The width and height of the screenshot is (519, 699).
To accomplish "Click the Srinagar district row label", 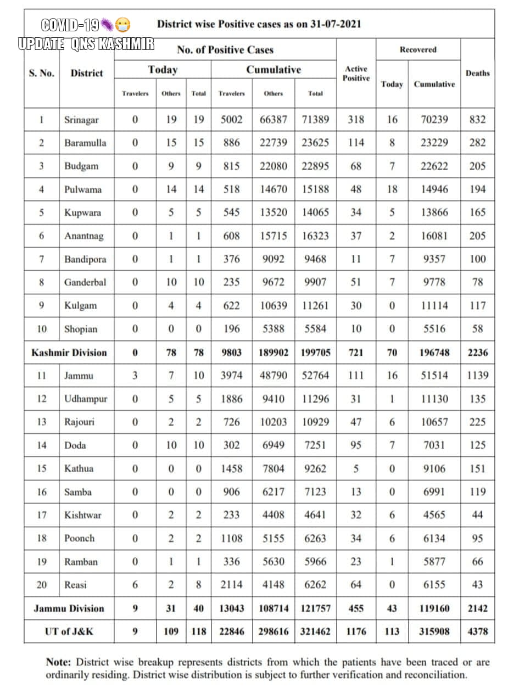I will (x=81, y=120).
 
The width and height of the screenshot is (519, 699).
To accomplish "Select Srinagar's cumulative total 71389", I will (x=315, y=120).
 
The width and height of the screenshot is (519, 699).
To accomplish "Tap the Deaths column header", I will (x=477, y=73).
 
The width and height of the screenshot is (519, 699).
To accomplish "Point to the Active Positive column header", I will (x=356, y=73).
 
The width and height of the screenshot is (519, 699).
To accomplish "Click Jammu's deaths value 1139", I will (x=477, y=376).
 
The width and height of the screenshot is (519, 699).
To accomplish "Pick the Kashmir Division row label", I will (x=69, y=353).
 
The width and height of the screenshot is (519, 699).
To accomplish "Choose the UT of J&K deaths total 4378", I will (x=477, y=631).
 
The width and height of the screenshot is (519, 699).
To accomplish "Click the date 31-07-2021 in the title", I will (x=333, y=24).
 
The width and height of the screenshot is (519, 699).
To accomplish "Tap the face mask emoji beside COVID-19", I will (x=123, y=25).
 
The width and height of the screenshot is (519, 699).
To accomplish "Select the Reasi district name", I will (x=75, y=585).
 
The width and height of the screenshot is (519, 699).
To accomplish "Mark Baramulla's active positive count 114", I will (x=356, y=143).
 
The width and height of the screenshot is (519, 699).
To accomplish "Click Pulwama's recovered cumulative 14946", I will (x=434, y=189).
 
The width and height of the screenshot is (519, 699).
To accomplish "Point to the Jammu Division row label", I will (x=69, y=608).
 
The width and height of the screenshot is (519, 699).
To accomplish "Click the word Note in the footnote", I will (x=58, y=662).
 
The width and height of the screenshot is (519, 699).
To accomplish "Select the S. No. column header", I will (x=42, y=73).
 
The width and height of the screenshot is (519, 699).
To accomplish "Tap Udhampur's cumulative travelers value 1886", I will (x=231, y=399).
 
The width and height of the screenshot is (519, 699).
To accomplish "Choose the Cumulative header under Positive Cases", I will (x=274, y=70).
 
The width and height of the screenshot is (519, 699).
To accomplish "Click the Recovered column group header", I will (x=418, y=49).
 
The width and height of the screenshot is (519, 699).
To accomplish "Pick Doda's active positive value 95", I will (x=356, y=445).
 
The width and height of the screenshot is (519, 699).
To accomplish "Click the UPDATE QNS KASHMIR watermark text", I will (x=86, y=44).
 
